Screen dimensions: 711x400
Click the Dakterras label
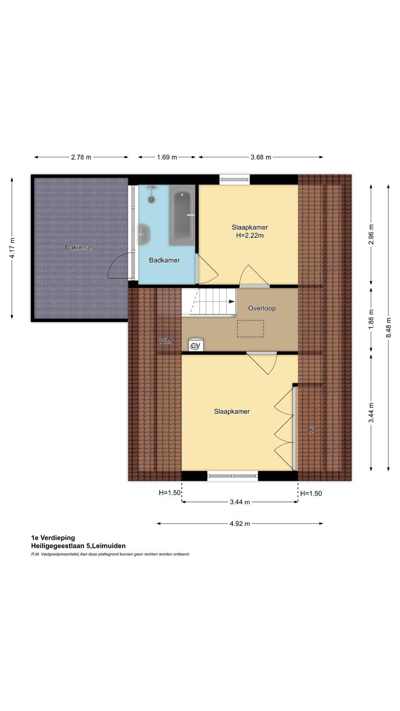pyautogui.click(x=80, y=247)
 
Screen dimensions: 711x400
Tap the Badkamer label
pyautogui.click(x=164, y=260)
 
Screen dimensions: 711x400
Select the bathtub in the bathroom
pyautogui.click(x=182, y=215)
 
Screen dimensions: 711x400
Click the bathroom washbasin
pyautogui.click(x=144, y=234)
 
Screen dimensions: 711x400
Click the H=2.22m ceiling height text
pyautogui.click(x=250, y=236)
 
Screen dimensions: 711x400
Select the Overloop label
pyautogui.click(x=261, y=308)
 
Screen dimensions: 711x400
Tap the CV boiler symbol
pyautogui.click(x=196, y=345)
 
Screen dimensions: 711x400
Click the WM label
pyautogui.click(x=166, y=341)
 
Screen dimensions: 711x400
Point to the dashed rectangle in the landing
pyautogui.click(x=250, y=328)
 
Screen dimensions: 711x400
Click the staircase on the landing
pyautogui.click(x=209, y=302)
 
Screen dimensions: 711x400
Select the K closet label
pyautogui.click(x=311, y=430)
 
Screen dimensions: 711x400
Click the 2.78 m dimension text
pyautogui.click(x=81, y=157)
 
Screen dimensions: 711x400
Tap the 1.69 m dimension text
pyautogui.click(x=167, y=157)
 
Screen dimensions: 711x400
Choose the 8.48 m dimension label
pyautogui.click(x=388, y=327)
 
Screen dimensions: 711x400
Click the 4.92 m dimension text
pyautogui.click(x=240, y=524)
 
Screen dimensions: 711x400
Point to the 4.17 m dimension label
pyautogui.click(x=12, y=248)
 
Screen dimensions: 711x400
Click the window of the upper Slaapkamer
pyautogui.click(x=234, y=180)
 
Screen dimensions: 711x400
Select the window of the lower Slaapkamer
pyautogui.click(x=232, y=476)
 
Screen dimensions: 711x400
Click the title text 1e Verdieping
pyautogui.click(x=53, y=538)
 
